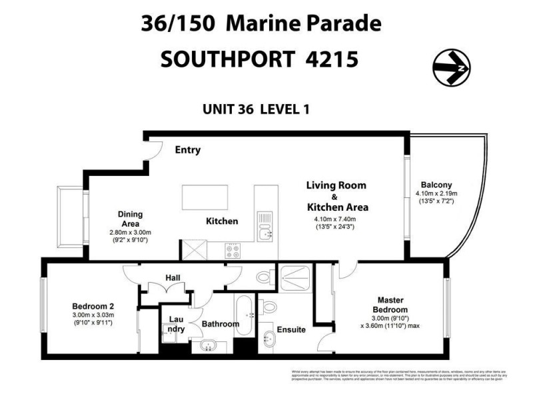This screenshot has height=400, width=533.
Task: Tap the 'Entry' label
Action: pos(187,150)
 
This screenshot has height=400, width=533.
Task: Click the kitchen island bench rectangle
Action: pos(205,198)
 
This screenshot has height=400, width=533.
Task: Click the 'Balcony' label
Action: pos(436,185)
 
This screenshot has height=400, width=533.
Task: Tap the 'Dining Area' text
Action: pos(130,219)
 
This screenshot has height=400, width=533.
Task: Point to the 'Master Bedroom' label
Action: pos(390,305)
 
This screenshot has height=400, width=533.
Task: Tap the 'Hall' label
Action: pos(172,277)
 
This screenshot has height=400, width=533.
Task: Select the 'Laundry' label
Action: pos(176,324)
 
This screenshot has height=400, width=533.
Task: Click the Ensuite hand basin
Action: pos(267,338)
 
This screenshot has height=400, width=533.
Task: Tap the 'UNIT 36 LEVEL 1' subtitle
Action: pos(256,109)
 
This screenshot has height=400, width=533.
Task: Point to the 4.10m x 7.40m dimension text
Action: pos(336,219)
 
